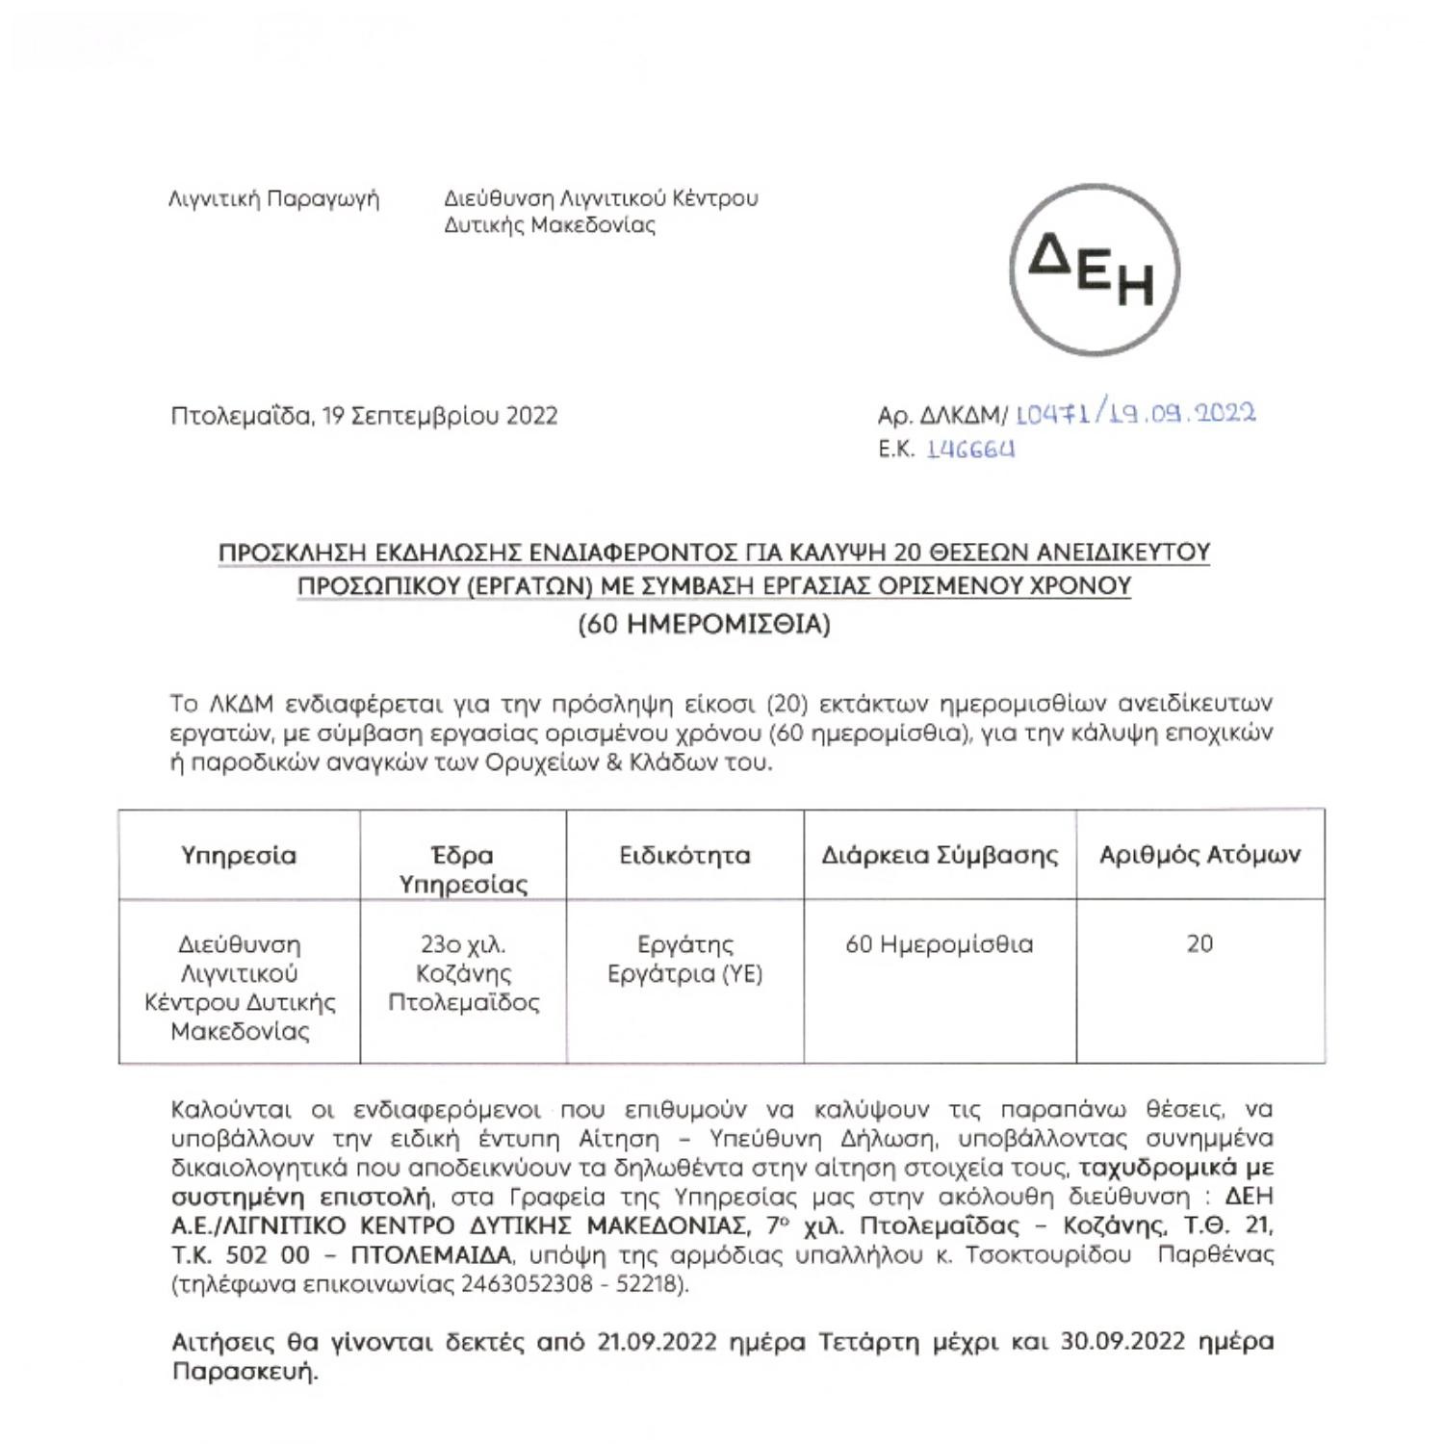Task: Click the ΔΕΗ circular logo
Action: click(x=1095, y=269)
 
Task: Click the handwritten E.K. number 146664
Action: click(x=970, y=450)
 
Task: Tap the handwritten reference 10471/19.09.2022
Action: click(x=1136, y=414)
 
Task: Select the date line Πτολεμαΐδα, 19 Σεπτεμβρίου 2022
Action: click(x=364, y=416)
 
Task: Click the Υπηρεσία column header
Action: click(x=239, y=855)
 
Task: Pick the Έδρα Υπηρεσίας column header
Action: click(x=463, y=869)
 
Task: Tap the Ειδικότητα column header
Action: click(x=684, y=855)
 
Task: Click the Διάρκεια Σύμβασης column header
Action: click(x=940, y=855)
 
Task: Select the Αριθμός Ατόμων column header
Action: click(x=1199, y=855)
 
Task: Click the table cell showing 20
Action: click(x=1199, y=943)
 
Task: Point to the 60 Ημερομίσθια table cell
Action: click(x=940, y=943)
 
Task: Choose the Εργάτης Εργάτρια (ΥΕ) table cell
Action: click(x=684, y=959)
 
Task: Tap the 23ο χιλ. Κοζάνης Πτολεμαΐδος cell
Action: click(x=463, y=973)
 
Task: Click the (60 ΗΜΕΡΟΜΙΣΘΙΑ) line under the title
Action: click(x=704, y=625)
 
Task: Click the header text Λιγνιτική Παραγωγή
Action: click(x=273, y=199)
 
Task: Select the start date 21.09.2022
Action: click(x=657, y=1341)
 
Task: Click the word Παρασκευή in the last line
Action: click(x=245, y=1371)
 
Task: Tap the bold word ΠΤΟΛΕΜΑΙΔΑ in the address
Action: click(x=431, y=1255)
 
